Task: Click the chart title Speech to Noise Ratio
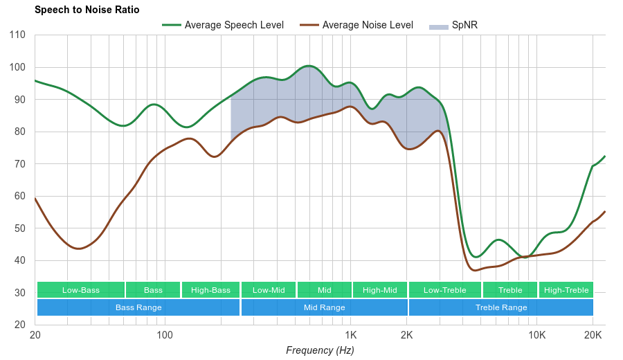click(x=87, y=10)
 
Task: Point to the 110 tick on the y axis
click(x=18, y=35)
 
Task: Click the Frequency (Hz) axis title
click(x=320, y=350)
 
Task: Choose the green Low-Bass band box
click(x=81, y=290)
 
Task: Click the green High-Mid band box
click(x=380, y=290)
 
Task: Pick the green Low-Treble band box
click(x=445, y=290)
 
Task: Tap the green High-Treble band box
click(x=566, y=290)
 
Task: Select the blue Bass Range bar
click(x=138, y=307)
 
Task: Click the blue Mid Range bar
click(x=325, y=307)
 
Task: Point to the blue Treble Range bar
click(x=501, y=307)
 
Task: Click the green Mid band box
click(x=325, y=290)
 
